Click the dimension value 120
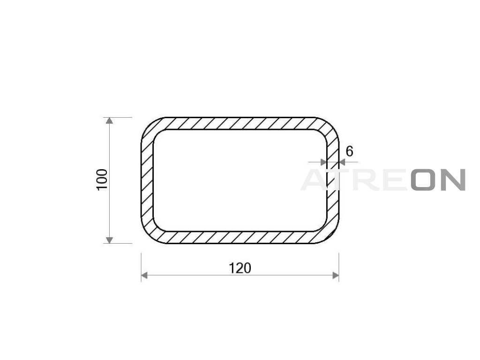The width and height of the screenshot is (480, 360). (x=240, y=268)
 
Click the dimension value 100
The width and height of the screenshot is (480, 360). (x=102, y=180)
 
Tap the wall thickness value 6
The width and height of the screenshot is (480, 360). (x=349, y=151)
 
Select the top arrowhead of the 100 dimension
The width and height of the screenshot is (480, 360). (x=109, y=120)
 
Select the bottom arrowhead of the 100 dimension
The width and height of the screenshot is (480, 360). (x=109, y=240)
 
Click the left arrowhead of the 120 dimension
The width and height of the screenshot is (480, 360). (x=144, y=276)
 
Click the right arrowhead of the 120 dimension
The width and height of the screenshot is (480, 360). (x=336, y=276)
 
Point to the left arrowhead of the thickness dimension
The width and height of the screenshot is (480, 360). (x=323, y=162)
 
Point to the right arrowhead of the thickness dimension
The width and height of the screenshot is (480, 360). (x=342, y=162)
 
